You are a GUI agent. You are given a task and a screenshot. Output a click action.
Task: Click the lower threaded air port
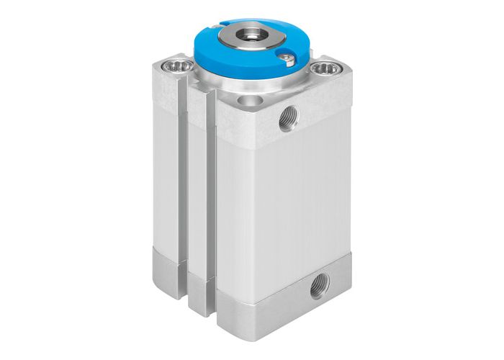point(318,289)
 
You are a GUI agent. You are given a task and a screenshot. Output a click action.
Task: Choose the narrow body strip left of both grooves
point(165,180)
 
